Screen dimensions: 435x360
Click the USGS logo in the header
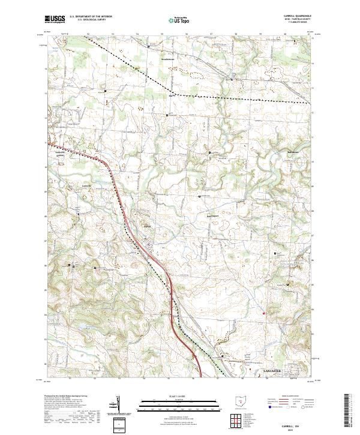(55, 20)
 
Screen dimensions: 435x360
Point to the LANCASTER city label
(272, 371)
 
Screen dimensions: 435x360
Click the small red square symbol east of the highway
(263, 312)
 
